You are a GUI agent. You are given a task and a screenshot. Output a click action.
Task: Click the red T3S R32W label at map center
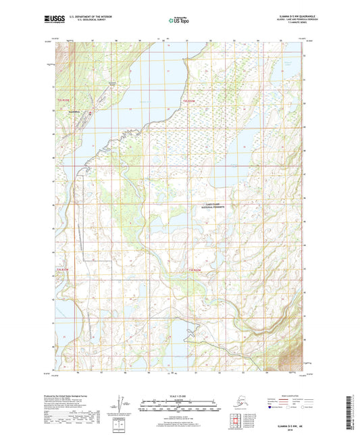pos(195,270)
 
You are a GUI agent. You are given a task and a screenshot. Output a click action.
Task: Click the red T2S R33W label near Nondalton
pos(62,101)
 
